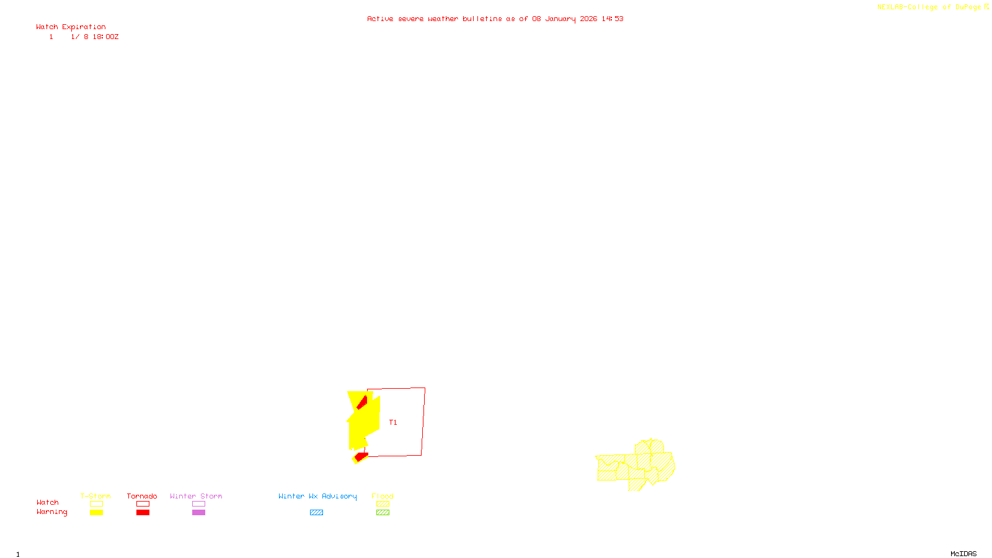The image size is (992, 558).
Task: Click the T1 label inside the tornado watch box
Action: click(x=393, y=423)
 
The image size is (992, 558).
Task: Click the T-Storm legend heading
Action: click(x=95, y=496)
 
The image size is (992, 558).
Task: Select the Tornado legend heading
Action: click(x=142, y=496)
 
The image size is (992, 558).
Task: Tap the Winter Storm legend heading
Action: click(x=196, y=496)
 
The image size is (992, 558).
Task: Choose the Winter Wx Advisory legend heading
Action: click(x=317, y=496)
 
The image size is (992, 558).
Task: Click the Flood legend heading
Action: click(x=383, y=496)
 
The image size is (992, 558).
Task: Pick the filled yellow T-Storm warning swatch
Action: click(x=96, y=513)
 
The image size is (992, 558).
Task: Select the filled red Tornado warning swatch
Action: click(x=143, y=513)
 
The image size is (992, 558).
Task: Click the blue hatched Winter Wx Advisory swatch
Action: click(x=316, y=513)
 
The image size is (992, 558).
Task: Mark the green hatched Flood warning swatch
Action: click(x=383, y=513)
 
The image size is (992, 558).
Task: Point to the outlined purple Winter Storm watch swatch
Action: click(x=198, y=504)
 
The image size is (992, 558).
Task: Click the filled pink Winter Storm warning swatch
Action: click(x=198, y=513)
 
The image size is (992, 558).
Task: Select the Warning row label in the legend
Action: click(x=51, y=512)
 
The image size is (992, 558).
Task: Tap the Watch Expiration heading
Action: click(x=71, y=27)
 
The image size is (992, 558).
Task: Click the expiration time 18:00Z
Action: click(x=105, y=37)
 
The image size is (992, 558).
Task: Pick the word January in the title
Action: click(x=560, y=19)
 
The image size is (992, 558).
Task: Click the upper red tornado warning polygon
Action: click(x=362, y=402)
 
